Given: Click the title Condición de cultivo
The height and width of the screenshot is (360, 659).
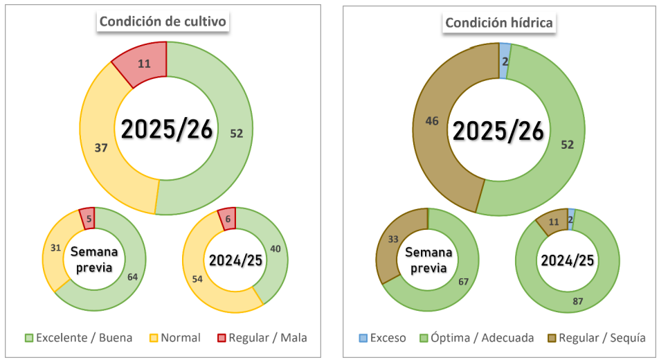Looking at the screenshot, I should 163,21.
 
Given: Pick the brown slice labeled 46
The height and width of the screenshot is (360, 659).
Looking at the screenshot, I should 433,122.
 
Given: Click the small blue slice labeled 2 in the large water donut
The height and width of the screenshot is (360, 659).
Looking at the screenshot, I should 505,61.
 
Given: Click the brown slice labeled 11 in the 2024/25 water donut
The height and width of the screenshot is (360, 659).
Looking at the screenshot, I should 552,223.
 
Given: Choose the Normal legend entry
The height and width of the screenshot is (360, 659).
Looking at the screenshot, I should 175,338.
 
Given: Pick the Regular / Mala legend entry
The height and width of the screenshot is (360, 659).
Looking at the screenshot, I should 261,338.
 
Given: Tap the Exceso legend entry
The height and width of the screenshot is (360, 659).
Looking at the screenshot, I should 382,338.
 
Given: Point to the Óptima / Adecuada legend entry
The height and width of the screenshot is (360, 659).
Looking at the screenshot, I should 478,338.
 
